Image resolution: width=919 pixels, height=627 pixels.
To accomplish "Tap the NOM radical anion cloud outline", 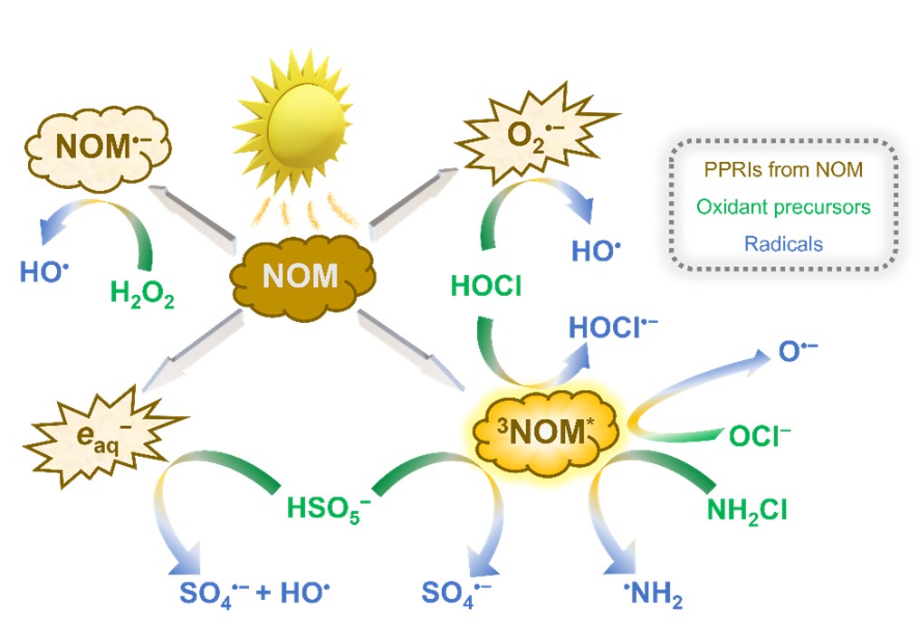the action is (x=97, y=148).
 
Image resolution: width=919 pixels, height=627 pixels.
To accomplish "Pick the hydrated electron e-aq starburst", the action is (x=102, y=436).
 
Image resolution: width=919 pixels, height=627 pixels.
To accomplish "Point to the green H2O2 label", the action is (x=142, y=294).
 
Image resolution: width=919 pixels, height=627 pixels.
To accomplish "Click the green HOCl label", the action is (x=486, y=286).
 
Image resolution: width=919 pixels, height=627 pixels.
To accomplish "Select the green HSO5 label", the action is (x=328, y=508).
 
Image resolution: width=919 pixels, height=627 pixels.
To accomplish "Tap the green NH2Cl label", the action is (x=747, y=511).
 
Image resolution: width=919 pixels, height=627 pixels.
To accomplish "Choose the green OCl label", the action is (x=760, y=436).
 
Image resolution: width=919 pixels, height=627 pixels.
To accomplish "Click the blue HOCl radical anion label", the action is (x=613, y=328).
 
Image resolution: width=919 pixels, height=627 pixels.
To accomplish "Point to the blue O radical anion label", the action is (x=798, y=351).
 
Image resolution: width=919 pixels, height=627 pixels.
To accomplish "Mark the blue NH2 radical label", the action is (x=653, y=594).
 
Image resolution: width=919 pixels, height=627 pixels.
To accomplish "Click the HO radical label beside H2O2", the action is (x=44, y=272).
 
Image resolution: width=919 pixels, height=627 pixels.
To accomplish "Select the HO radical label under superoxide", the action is (x=596, y=252).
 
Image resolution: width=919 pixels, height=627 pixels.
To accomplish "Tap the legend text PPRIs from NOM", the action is (x=783, y=170).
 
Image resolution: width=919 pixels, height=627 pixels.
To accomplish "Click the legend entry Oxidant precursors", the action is (x=783, y=206).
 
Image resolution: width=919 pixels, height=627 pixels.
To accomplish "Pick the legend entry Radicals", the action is (x=783, y=243).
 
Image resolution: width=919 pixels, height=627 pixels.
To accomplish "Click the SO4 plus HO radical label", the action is (x=254, y=594).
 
